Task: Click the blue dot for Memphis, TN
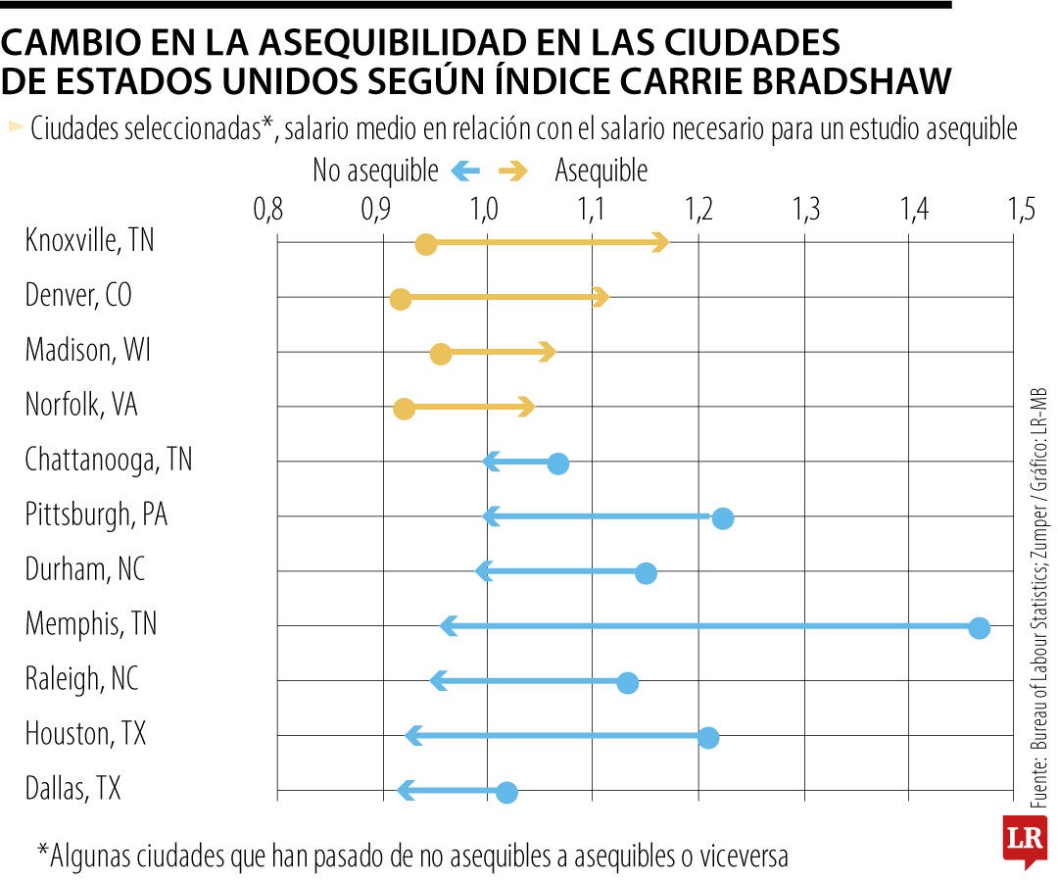[x=979, y=628]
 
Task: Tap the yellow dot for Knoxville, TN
[x=425, y=244]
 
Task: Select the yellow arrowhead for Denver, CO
[x=601, y=297]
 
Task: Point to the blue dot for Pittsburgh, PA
[x=723, y=518]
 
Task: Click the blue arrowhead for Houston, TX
[x=414, y=735]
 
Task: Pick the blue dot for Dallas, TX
[x=506, y=793]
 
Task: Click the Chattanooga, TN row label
[x=109, y=460]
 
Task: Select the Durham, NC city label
[x=85, y=569]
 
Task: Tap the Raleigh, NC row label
[x=81, y=678]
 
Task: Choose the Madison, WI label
[x=88, y=350]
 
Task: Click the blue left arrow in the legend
[x=464, y=171]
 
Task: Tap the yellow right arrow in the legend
[x=512, y=171]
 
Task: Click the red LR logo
[x=1021, y=838]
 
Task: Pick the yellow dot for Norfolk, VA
[x=404, y=409]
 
